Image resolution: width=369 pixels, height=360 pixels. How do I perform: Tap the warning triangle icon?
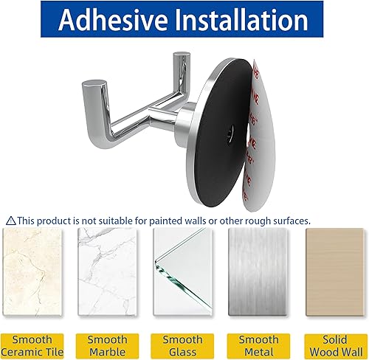(11, 221)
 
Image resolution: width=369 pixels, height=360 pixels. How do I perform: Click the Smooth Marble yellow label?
(108, 345)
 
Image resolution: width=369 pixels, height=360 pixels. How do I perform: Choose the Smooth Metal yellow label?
(258, 345)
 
